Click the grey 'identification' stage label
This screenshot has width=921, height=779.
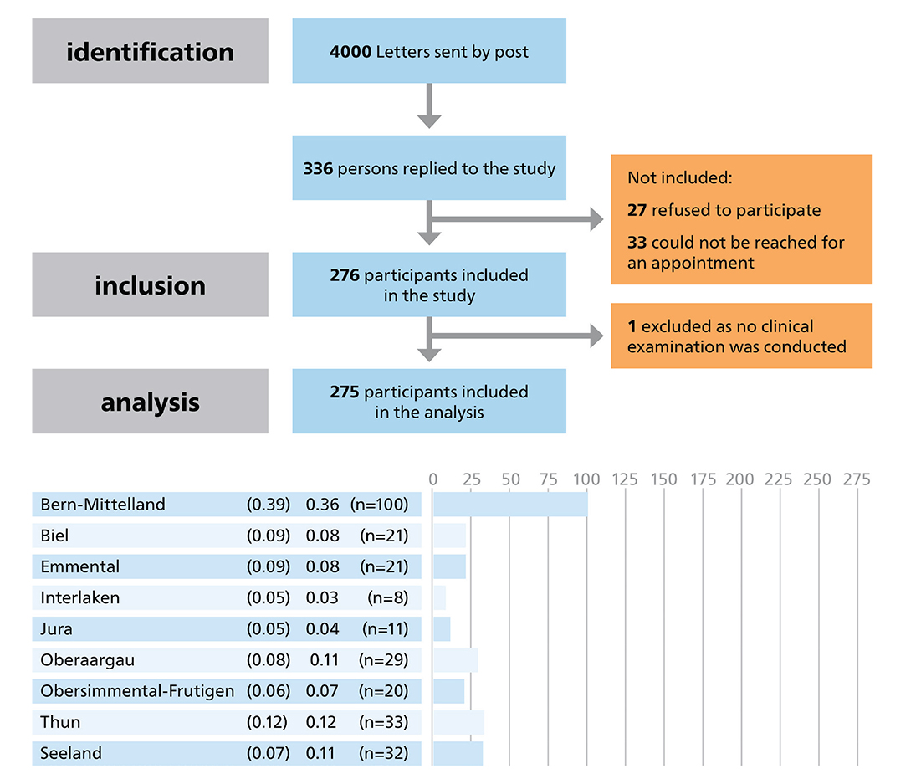click(150, 52)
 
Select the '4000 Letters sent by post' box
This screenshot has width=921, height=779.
click(428, 52)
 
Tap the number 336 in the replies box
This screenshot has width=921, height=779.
click(318, 168)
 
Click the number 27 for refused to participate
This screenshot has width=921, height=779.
click(637, 210)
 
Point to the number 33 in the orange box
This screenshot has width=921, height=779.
click(637, 243)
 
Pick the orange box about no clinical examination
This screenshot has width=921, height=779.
click(741, 336)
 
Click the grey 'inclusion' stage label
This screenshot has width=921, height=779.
click(150, 285)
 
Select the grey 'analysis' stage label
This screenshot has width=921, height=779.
click(150, 402)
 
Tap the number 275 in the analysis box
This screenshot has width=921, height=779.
click(345, 392)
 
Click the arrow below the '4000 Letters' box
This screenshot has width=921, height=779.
click(428, 108)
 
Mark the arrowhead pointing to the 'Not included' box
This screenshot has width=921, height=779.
click(596, 221)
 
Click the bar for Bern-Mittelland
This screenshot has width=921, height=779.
click(509, 505)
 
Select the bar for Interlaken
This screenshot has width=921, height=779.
click(439, 597)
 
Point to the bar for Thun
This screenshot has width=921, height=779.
click(458, 722)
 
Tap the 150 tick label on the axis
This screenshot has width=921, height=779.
click(663, 479)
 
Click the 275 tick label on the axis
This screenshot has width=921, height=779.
click(856, 479)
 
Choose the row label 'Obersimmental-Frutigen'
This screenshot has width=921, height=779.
click(137, 690)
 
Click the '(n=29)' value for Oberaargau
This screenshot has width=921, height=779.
click(383, 659)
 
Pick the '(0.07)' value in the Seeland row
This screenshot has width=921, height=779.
click(268, 753)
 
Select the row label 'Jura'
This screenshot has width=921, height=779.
click(56, 628)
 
